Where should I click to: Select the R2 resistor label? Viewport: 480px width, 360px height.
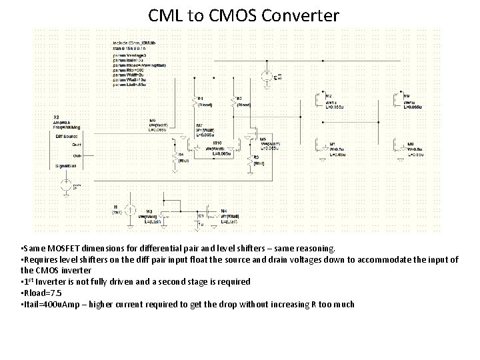tap(239, 98)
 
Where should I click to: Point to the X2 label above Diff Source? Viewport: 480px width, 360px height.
tap(57, 117)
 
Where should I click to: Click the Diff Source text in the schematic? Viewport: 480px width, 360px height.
tap(66, 136)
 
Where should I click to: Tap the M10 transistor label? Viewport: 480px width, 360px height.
tap(217, 143)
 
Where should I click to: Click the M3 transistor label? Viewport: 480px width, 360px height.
tap(149, 211)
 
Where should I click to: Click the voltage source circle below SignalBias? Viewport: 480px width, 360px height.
tap(67, 185)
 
